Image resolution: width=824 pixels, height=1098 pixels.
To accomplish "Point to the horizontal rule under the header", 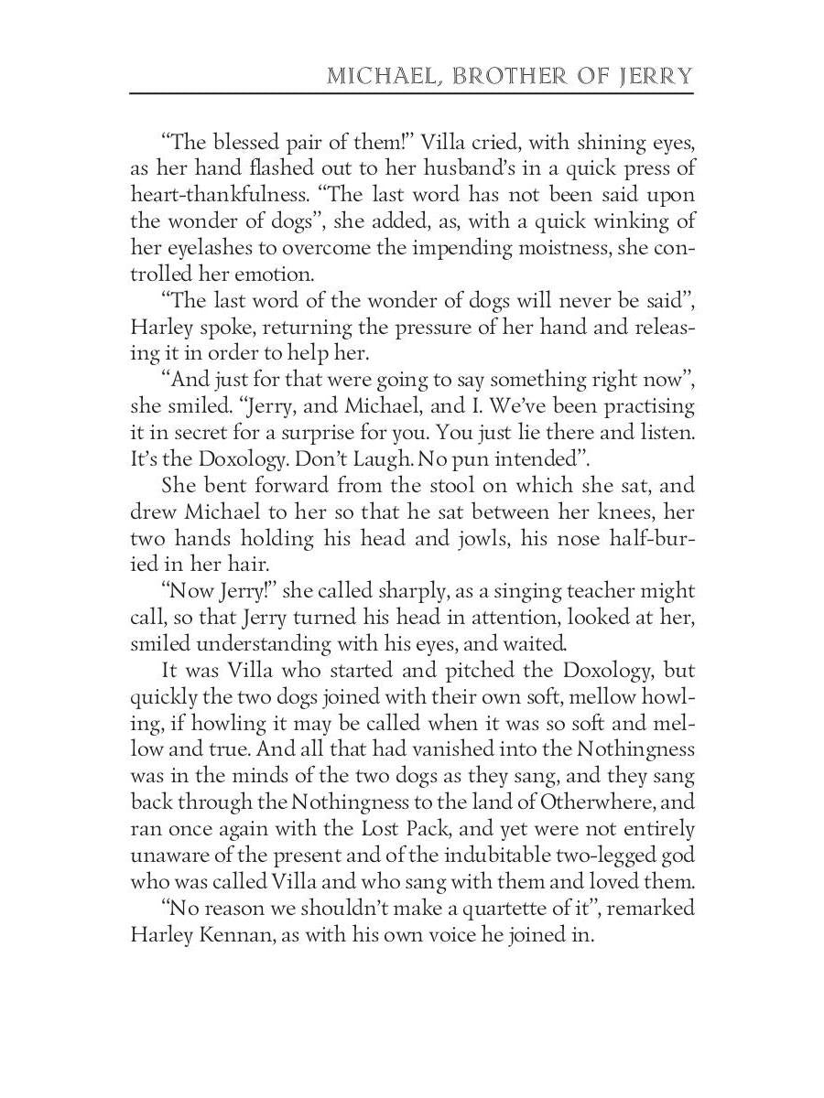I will click(411, 92).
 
